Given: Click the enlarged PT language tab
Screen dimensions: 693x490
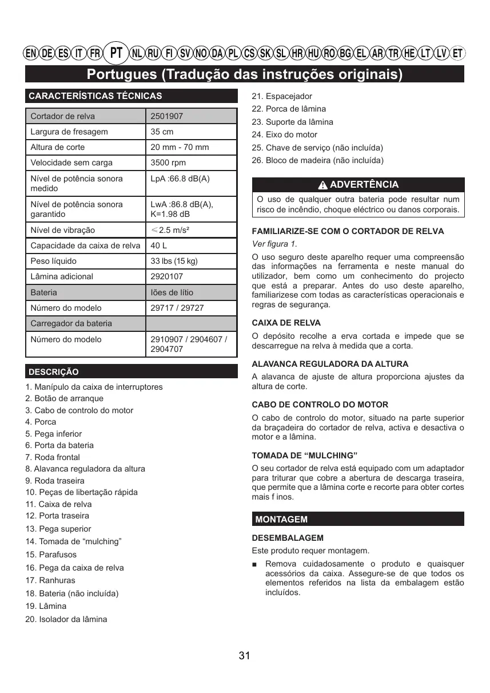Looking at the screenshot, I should point(117,53).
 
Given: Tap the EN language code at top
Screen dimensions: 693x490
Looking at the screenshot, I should point(31,54).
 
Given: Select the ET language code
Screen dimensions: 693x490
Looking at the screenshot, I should point(457,54).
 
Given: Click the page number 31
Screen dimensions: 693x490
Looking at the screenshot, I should point(245,656).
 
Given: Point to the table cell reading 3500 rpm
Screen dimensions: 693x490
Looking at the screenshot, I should point(168,163).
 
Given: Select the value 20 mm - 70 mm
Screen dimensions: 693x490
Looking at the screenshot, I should point(180,147).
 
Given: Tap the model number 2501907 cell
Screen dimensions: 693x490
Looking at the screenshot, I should point(166,116).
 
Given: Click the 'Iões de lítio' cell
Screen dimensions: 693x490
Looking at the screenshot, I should point(172,292).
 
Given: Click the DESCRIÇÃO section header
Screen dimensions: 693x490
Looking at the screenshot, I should point(54,372).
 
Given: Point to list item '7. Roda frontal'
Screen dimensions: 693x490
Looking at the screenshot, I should point(53,457).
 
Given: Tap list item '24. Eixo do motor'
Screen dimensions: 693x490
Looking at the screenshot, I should point(284,134).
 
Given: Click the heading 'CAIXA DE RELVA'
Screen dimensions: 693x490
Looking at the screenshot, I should point(286,323).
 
